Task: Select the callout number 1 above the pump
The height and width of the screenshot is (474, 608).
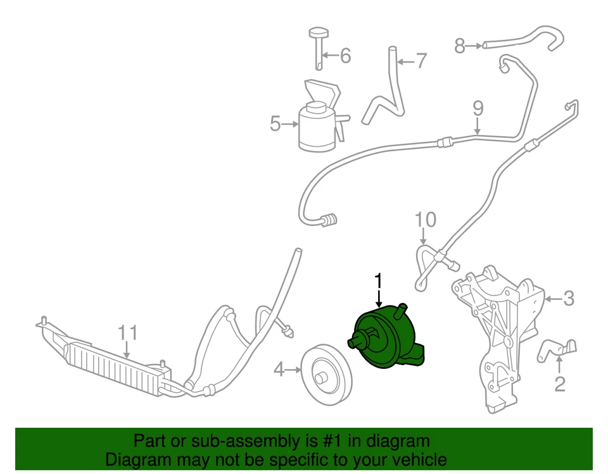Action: pos(379,280)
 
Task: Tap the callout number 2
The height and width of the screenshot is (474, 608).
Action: pos(559,383)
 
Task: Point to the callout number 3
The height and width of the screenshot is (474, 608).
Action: pos(568,298)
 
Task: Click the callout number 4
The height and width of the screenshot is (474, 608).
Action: pos(279,368)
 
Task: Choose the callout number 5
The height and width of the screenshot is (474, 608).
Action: pos(275,124)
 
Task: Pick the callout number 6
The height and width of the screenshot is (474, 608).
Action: pos(345,56)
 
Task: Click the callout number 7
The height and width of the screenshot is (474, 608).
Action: pos(421,61)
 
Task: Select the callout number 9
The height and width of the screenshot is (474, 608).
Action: pos(478,108)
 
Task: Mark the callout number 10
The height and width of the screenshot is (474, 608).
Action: pos(426,220)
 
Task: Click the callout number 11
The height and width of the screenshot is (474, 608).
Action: pos(127,332)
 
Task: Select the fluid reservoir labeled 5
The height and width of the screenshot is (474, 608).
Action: pos(314,127)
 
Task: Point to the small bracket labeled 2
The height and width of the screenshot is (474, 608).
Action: pos(556,350)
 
